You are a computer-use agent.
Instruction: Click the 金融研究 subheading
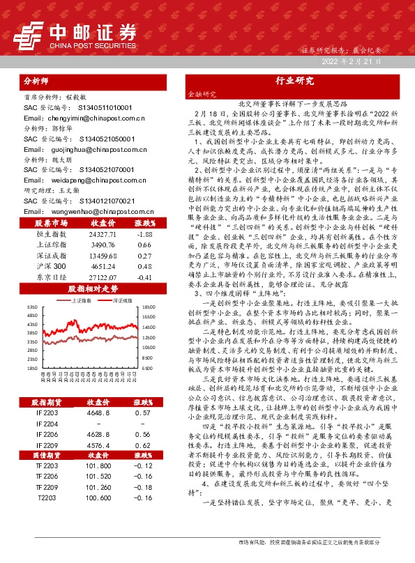point(202,94)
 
